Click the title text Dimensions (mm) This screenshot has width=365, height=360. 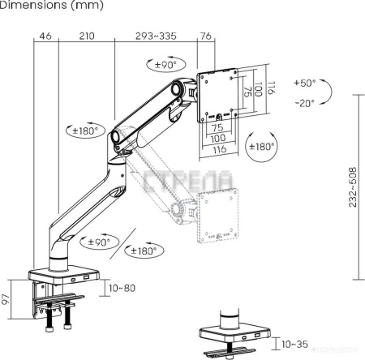(x=41, y=6)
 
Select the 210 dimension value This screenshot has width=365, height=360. (x=87, y=36)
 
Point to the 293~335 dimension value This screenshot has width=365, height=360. (x=156, y=36)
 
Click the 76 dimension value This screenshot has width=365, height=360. (x=206, y=36)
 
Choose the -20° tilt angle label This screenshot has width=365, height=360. (x=306, y=103)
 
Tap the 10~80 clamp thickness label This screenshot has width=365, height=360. (x=122, y=287)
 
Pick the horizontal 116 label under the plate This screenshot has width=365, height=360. (x=218, y=150)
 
